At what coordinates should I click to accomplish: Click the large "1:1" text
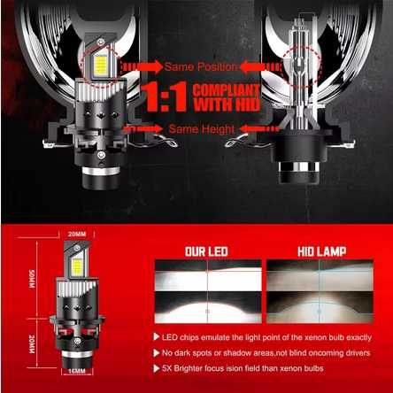pyautogui.click(x=171, y=96)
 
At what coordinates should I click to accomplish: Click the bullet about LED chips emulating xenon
pyautogui.click(x=270, y=337)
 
